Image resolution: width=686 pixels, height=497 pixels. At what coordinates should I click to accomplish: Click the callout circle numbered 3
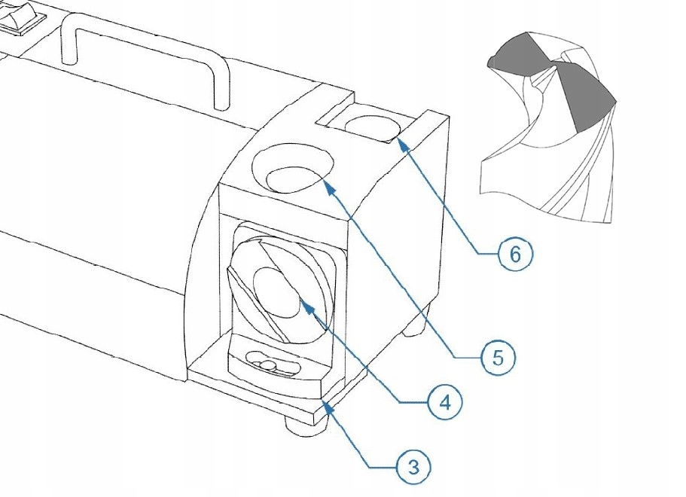pyautogui.click(x=413, y=467)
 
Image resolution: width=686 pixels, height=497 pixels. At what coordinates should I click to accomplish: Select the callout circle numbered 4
pyautogui.click(x=445, y=404)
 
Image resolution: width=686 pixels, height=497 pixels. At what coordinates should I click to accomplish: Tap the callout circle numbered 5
pyautogui.click(x=498, y=358)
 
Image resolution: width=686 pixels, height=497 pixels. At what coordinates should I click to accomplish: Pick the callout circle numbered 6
pyautogui.click(x=516, y=255)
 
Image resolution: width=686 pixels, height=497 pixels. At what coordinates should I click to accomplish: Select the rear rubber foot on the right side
pyautogui.click(x=417, y=325)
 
